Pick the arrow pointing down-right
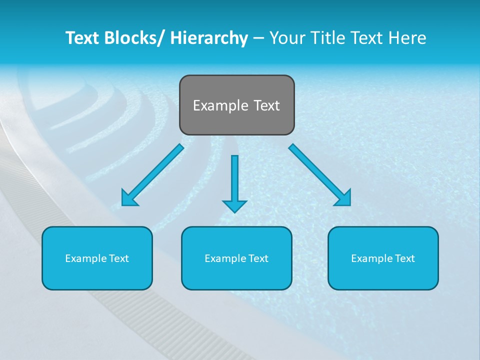point(319,174)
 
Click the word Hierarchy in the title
point(209,38)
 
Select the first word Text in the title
point(82,38)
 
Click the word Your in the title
point(287,38)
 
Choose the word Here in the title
point(408,38)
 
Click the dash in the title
point(258,38)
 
